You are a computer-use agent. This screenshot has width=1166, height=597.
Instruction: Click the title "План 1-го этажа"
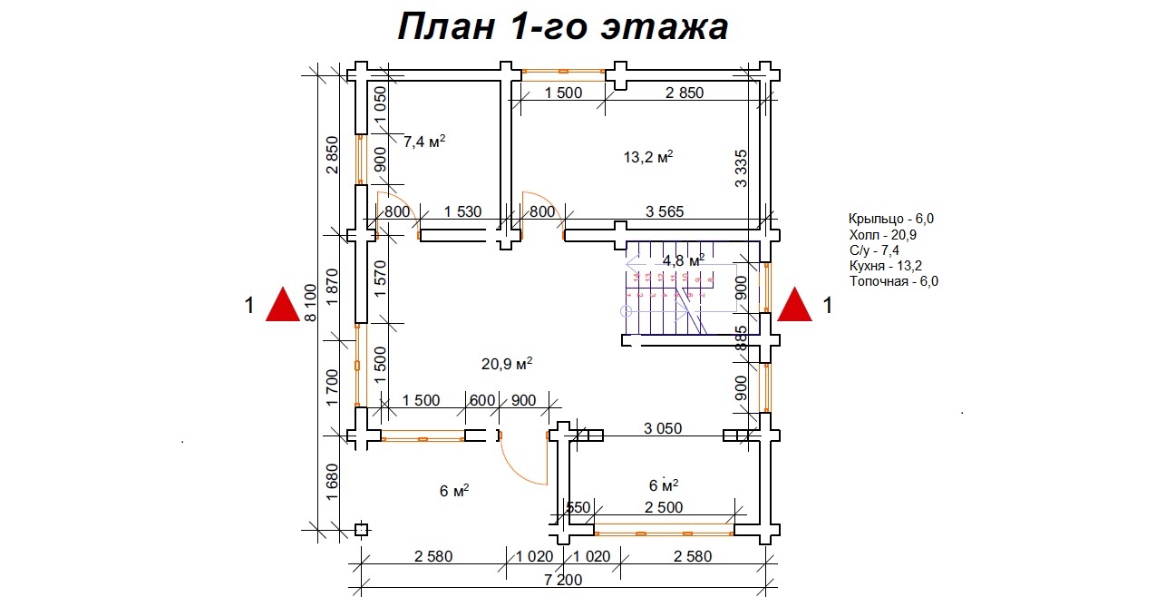562,27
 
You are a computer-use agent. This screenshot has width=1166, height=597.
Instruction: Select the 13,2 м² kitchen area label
647,157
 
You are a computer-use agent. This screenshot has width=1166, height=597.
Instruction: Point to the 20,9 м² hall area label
506,364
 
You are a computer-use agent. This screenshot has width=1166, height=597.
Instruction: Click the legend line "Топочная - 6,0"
893,281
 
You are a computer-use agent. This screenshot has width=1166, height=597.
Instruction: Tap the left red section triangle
282,305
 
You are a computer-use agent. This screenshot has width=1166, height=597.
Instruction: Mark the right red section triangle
795,305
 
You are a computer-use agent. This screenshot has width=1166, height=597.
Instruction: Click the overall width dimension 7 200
564,580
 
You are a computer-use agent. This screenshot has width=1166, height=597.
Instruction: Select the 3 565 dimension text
665,212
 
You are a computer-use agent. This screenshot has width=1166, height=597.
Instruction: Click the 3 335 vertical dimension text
741,169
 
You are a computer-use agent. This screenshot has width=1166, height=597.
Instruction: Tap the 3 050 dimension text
663,428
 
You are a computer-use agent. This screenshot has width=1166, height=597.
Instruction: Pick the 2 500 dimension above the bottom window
664,508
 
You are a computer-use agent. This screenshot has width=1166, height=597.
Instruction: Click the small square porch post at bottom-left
360,530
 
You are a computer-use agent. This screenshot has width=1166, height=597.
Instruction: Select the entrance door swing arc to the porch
524,463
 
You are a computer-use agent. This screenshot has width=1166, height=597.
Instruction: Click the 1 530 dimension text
462,212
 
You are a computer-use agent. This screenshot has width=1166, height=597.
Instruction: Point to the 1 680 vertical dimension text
332,486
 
